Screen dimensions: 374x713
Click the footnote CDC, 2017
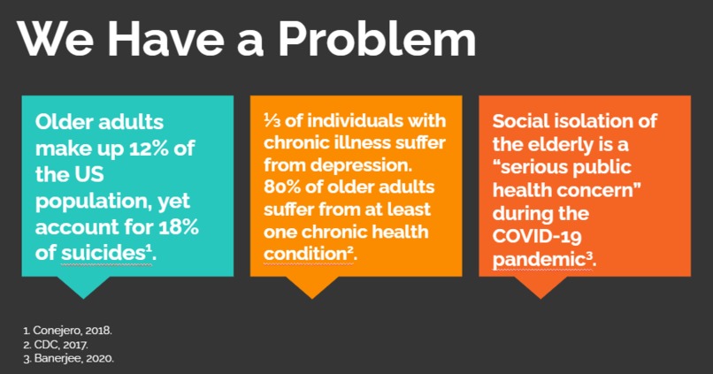[54, 344]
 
